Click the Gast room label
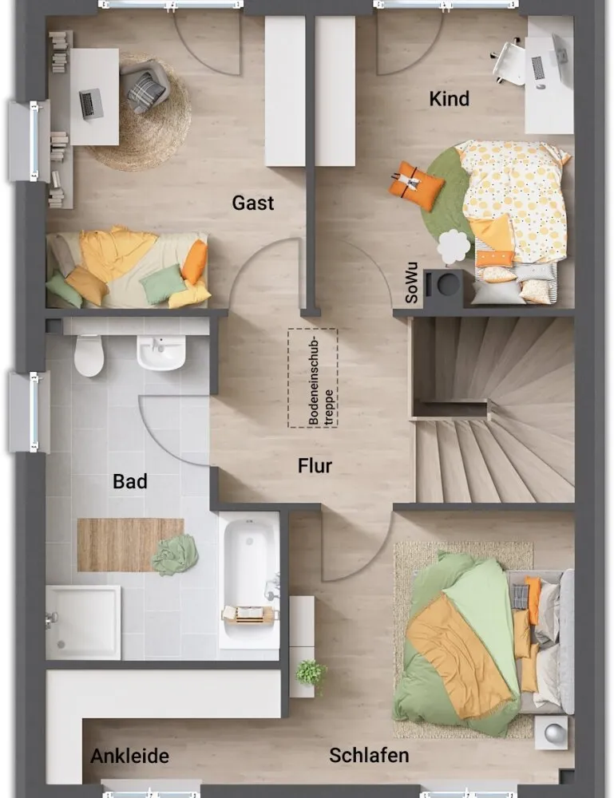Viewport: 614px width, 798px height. coord(253,203)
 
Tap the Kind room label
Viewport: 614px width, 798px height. coord(449,99)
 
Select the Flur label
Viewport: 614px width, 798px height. coord(315,466)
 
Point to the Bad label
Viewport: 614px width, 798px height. coord(130,481)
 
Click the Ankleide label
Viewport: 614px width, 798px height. coord(130,757)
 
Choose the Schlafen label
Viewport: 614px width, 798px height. coord(369,755)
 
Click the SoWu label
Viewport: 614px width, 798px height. coord(412,283)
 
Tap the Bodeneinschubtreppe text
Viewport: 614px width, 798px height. coord(321,379)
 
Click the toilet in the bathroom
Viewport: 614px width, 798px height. coord(89,355)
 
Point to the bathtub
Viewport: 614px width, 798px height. coord(249,580)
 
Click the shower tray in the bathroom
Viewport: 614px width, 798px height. coord(83,622)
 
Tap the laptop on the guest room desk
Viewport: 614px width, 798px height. coord(92,104)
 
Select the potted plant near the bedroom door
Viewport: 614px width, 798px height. coord(311,674)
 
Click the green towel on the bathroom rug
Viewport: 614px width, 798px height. coord(175,555)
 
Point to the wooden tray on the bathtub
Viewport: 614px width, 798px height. coord(250,614)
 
